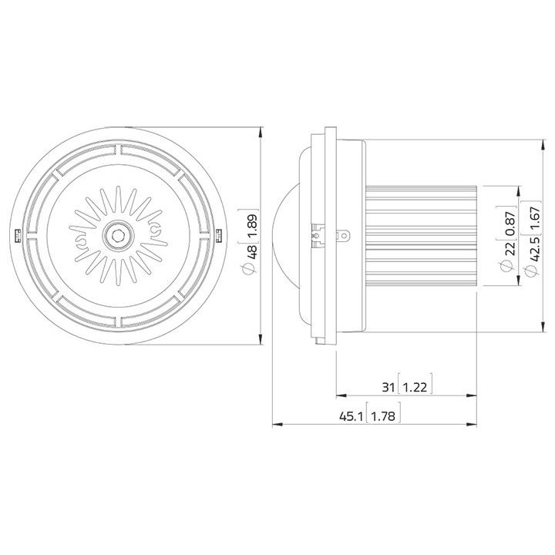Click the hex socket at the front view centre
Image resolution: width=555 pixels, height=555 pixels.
pyautogui.click(x=118, y=234)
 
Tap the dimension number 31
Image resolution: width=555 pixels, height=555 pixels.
pyautogui.click(x=388, y=387)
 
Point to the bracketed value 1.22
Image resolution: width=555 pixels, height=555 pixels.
pyautogui.click(x=415, y=387)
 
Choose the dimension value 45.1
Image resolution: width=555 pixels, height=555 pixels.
pyautogui.click(x=351, y=416)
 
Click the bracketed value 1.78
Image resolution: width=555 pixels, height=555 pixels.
pyautogui.click(x=383, y=416)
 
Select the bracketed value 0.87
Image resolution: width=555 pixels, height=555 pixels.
pyautogui.click(x=510, y=224)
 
